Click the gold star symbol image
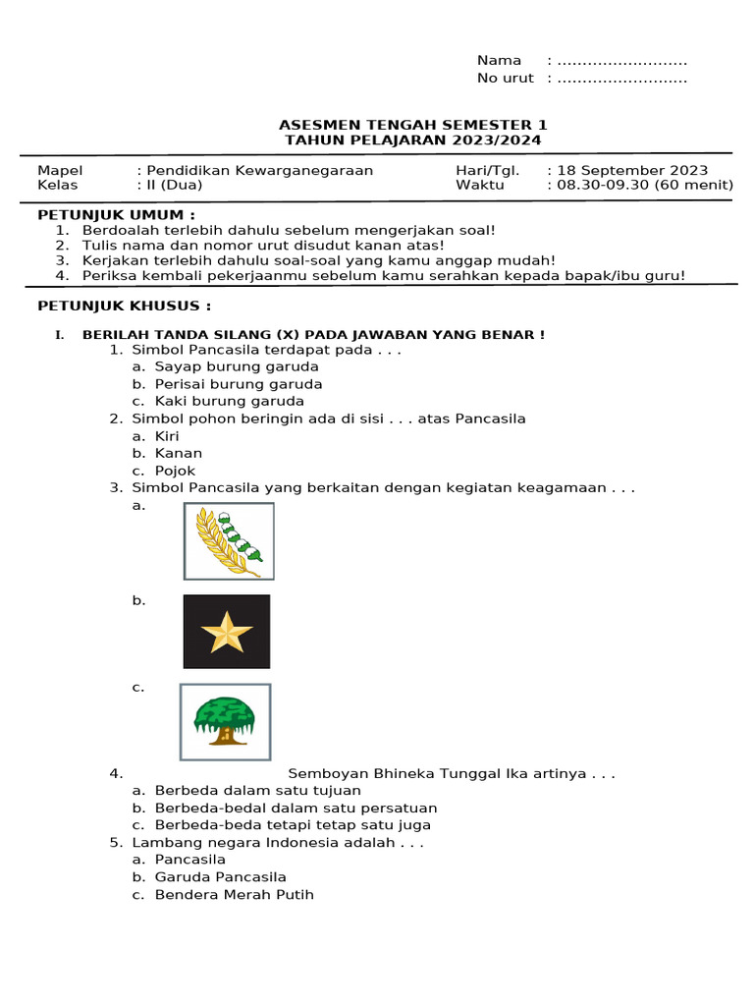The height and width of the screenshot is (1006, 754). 227,632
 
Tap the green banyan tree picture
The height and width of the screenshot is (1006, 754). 225,722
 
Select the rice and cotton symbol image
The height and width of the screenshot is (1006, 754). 229,540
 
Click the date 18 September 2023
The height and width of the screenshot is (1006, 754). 632,170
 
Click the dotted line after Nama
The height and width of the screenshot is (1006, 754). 621,60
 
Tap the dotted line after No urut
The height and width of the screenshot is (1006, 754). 621,79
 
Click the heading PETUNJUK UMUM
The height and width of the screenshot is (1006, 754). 116,214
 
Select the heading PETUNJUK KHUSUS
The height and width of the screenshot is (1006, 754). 124,306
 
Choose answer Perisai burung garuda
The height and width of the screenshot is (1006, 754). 238,384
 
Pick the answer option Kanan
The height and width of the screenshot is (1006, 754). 179,453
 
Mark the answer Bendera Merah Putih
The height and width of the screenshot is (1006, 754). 234,895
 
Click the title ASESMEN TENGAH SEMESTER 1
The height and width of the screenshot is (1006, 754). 412,125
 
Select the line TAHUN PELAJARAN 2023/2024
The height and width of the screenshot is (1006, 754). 412,140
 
